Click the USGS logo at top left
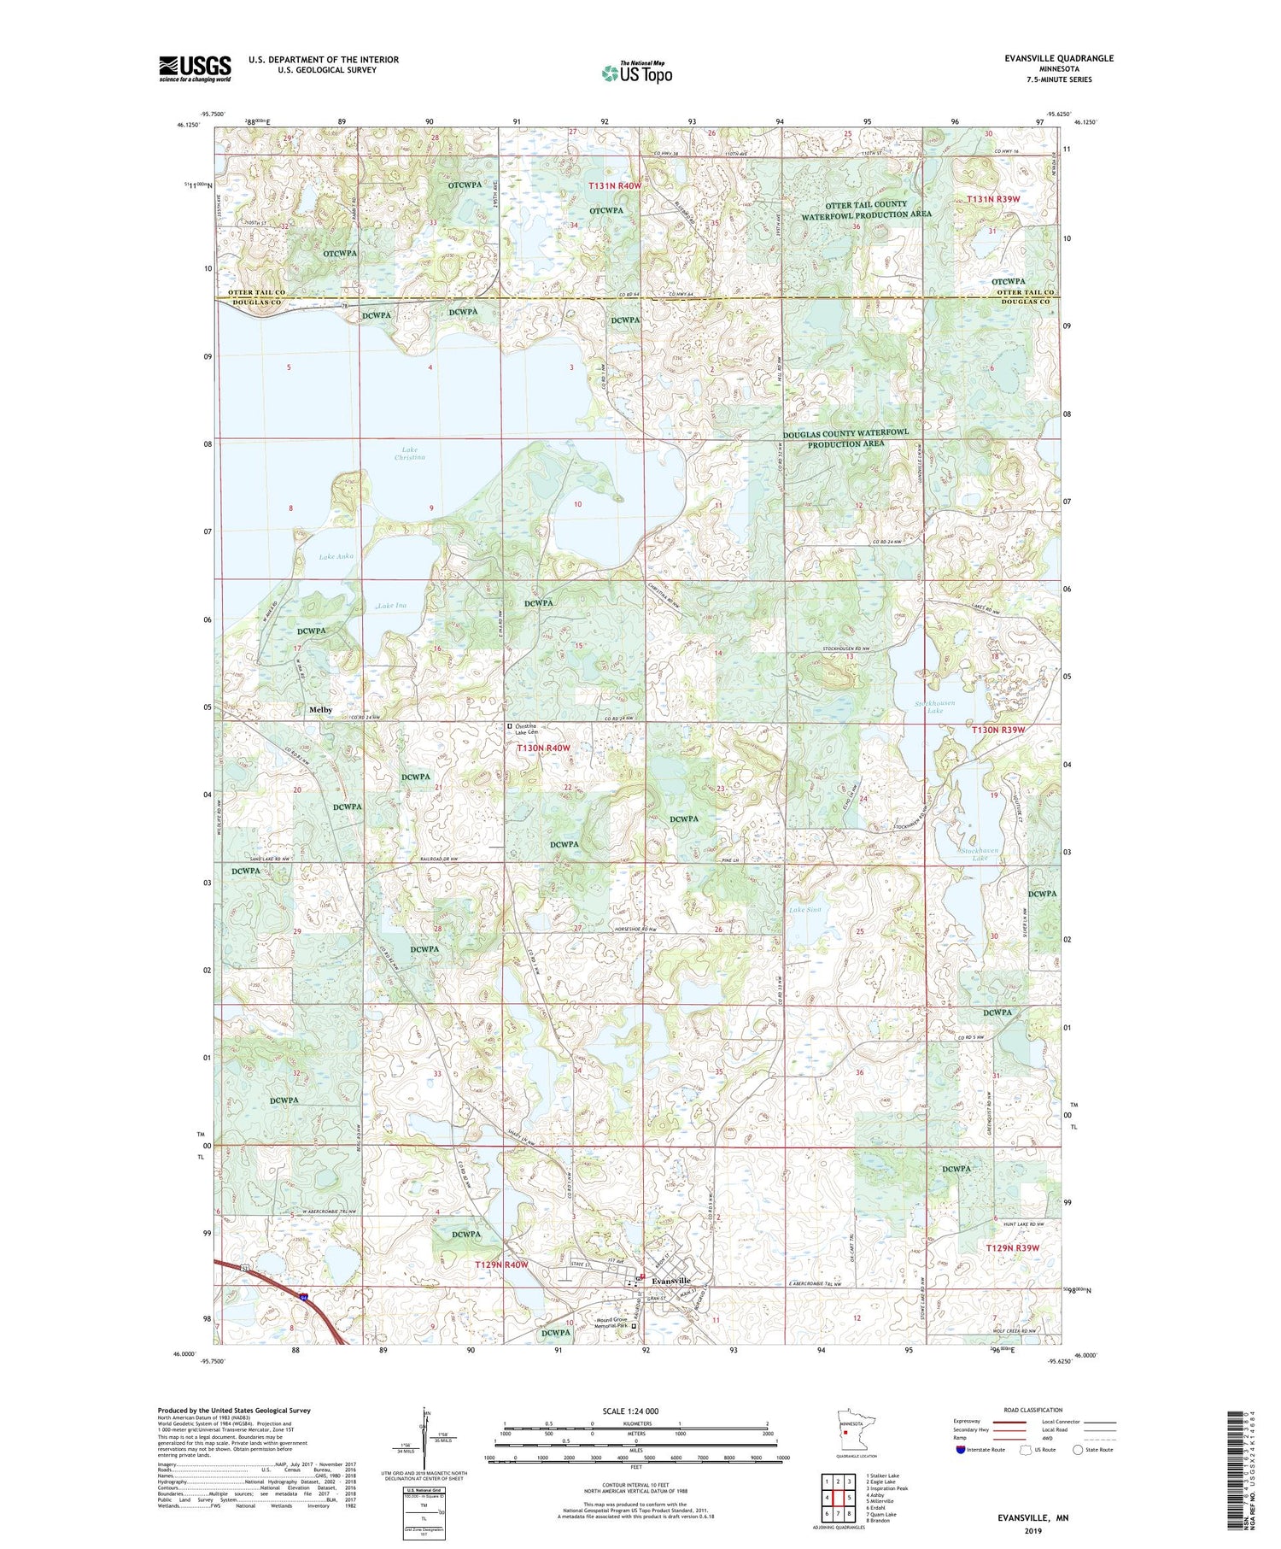click(195, 68)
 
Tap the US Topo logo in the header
click(636, 73)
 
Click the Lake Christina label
click(409, 454)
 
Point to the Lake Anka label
click(336, 556)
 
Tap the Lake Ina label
click(392, 606)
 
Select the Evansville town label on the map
click(670, 1282)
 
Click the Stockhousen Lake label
click(934, 707)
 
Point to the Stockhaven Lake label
click(980, 854)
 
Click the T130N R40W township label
click(543, 748)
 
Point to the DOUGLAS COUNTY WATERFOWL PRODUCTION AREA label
click(845, 439)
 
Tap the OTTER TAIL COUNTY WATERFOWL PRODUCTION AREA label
click(865, 209)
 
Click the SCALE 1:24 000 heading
click(630, 1411)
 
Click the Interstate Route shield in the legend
click(961, 1450)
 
